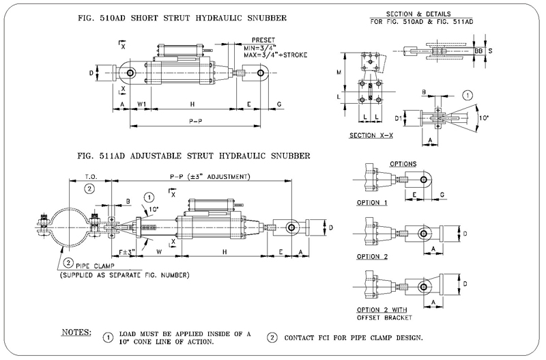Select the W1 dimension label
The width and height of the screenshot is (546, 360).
coord(143,105)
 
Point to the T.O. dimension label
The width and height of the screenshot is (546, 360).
coord(90,177)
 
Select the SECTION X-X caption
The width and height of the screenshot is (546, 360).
coord(371,135)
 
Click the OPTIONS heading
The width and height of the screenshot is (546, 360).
coord(403,165)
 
